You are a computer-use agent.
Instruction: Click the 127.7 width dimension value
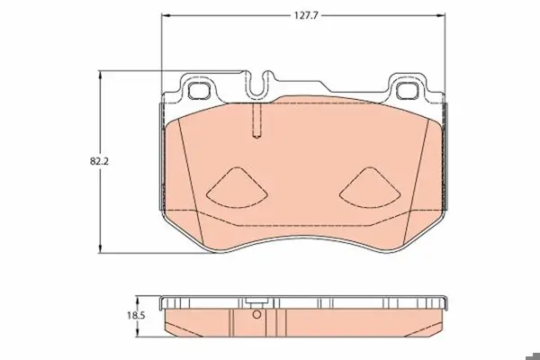(305, 15)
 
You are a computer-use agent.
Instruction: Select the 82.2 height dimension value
(99, 161)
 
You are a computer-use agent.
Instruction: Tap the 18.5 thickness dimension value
(136, 315)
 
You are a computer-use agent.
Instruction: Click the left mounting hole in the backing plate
(199, 91)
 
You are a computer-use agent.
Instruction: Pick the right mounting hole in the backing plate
(407, 91)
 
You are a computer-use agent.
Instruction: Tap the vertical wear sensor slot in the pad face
(256, 121)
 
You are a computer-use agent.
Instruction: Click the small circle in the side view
(256, 314)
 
